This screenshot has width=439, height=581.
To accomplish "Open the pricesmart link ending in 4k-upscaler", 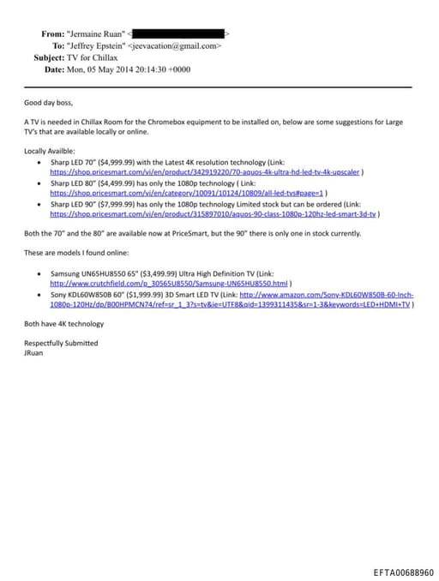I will (205, 171).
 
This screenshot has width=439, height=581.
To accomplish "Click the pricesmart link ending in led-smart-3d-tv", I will (213, 214).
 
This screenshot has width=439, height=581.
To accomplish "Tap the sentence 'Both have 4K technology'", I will (63, 324).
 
